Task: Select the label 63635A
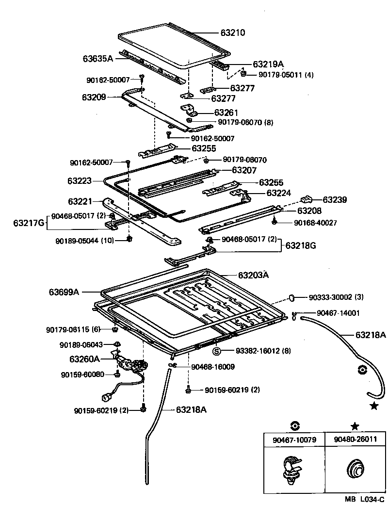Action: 97,58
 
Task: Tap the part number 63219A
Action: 268,64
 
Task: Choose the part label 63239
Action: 335,199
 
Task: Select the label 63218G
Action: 301,245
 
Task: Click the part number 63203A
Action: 253,275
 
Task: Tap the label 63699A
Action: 64,292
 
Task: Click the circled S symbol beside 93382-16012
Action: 217,351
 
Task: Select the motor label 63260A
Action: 84,359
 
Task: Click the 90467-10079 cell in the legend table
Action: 294,440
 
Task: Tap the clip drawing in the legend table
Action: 291,469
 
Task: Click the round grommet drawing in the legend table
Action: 355,470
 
